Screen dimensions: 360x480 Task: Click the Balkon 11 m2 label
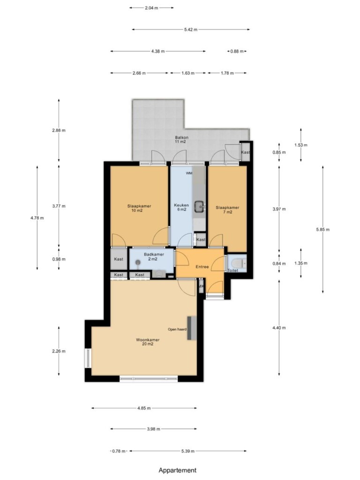click(x=181, y=140)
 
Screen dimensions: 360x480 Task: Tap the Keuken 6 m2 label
click(x=181, y=207)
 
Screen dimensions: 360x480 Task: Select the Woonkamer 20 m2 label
click(x=148, y=342)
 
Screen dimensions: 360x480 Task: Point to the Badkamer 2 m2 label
click(x=154, y=256)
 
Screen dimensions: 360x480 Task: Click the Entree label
click(x=202, y=267)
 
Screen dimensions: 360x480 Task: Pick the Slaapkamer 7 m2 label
click(x=227, y=210)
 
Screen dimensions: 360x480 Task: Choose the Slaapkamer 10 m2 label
click(x=139, y=208)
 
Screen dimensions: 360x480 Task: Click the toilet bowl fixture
click(x=238, y=263)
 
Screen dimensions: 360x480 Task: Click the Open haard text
click(x=177, y=330)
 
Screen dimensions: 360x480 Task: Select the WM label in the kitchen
click(x=189, y=173)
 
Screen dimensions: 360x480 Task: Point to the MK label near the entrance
click(x=201, y=286)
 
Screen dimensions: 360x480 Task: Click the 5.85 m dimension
click(x=322, y=230)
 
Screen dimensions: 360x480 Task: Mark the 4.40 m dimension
click(x=279, y=328)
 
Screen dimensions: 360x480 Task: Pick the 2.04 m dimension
click(x=151, y=8)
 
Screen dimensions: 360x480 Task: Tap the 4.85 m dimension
click(x=144, y=408)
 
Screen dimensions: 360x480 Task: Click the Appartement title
click(x=178, y=470)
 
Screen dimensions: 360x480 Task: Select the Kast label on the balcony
click(x=245, y=152)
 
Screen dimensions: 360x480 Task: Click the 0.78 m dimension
click(x=119, y=451)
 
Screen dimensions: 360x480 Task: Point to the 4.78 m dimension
click(x=37, y=218)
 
